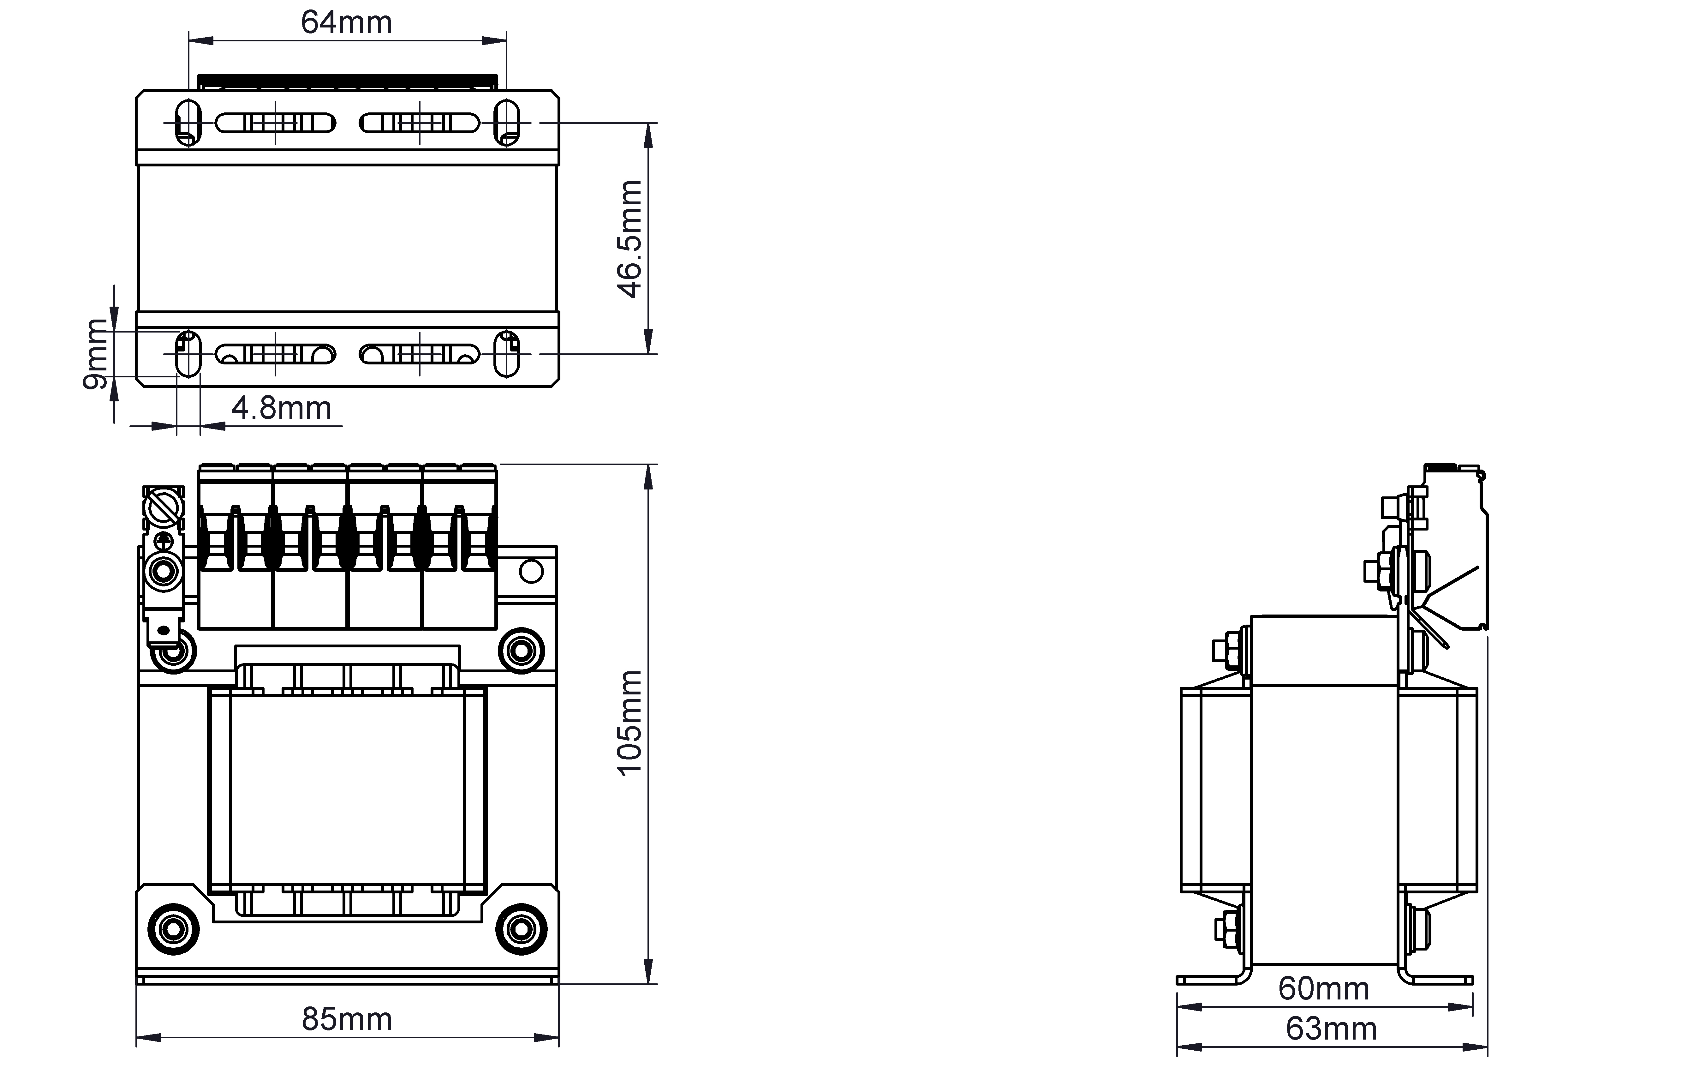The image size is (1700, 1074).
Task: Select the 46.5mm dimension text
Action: (x=630, y=239)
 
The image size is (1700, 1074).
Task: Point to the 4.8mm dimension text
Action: (x=281, y=408)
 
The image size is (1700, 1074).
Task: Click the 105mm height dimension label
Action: (x=630, y=723)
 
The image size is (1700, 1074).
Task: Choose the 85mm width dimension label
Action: (x=347, y=1020)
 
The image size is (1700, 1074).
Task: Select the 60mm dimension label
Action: (x=1324, y=988)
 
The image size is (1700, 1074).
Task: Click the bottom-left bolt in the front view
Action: (x=173, y=929)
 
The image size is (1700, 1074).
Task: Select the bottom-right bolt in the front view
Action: (x=521, y=929)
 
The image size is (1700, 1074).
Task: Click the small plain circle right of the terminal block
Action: (x=531, y=571)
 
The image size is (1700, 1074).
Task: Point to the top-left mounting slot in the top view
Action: (x=188, y=123)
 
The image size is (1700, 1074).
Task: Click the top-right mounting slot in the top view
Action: (x=507, y=123)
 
